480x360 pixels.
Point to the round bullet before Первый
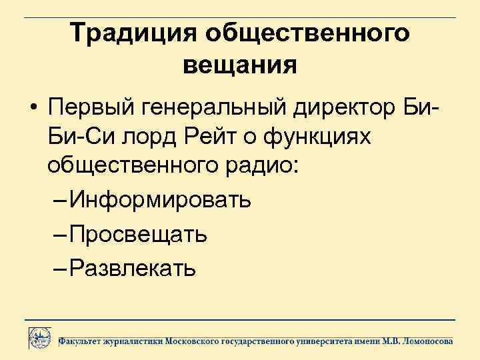pos(32,107)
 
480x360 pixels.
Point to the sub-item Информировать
pos(160,199)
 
